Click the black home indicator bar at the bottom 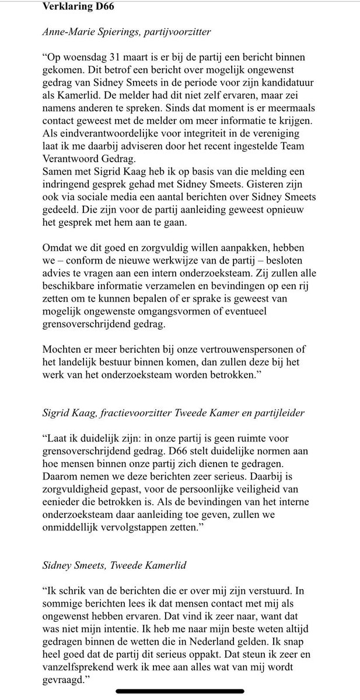click(180, 692)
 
